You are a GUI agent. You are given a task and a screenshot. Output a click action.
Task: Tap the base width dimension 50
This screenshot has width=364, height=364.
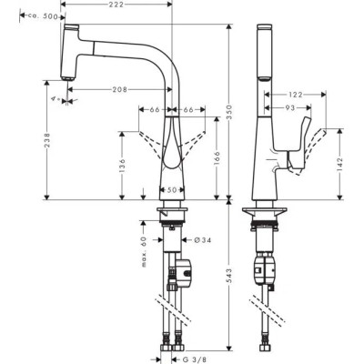(172, 190)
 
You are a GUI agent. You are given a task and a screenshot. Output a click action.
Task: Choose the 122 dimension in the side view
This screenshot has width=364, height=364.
(297, 95)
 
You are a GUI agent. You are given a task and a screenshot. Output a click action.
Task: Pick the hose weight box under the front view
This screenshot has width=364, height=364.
(183, 269)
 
